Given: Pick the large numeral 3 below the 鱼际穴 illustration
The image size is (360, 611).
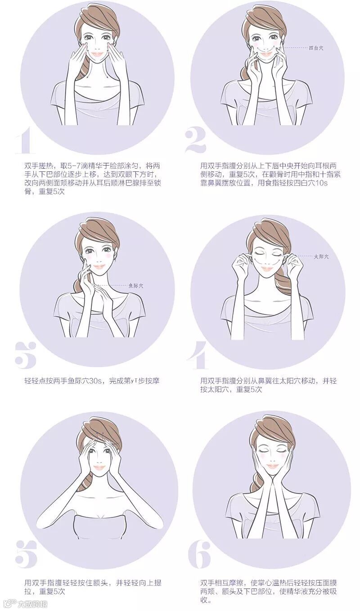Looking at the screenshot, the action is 26,355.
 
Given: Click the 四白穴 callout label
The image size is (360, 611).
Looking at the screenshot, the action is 316,48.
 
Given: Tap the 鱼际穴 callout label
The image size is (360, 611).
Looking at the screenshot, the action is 135,286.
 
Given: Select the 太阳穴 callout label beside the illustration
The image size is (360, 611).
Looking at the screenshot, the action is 321,256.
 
